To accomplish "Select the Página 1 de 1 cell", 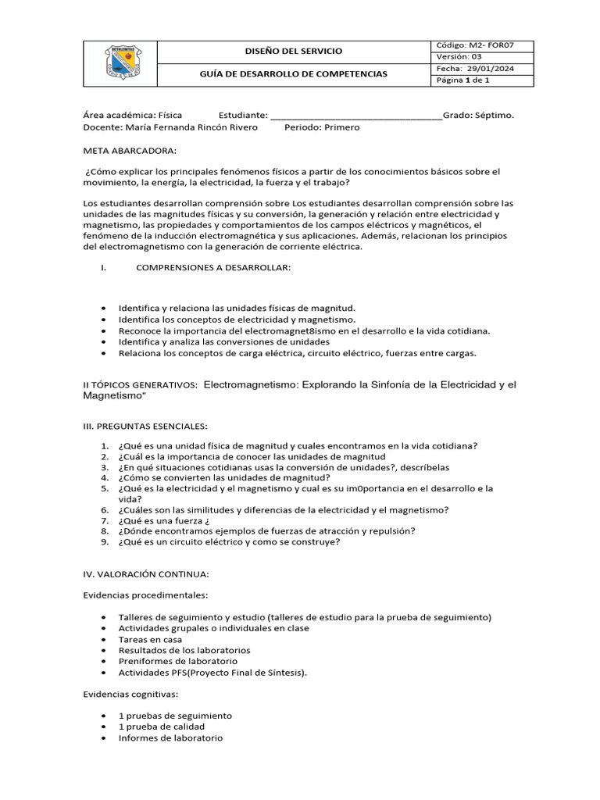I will tap(463, 80).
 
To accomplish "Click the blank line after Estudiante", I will tap(355, 116).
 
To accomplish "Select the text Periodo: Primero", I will tap(322, 127).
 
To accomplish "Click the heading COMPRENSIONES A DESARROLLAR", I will tap(213, 268).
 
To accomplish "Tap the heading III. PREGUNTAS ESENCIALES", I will tap(145, 426).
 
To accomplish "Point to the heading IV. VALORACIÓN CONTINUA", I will tap(146, 574).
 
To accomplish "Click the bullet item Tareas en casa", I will tap(150, 639).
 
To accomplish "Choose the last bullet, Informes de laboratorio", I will tap(170, 737).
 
